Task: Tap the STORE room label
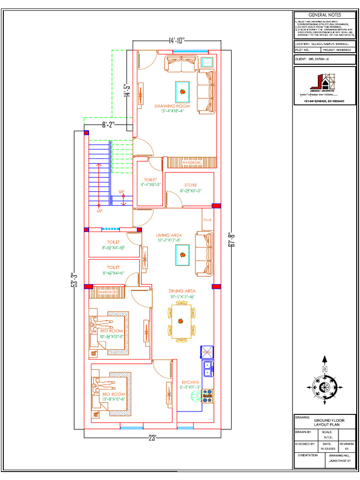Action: pyautogui.click(x=190, y=185)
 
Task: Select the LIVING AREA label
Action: pyautogui.click(x=169, y=235)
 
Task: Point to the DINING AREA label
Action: pyautogui.click(x=182, y=291)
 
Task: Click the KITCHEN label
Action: pyautogui.click(x=190, y=382)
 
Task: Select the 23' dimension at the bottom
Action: pyautogui.click(x=152, y=438)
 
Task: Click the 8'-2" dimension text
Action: pyautogui.click(x=108, y=125)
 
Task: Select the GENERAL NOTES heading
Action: pyautogui.click(x=324, y=15)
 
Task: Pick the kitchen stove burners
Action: pyautogui.click(x=207, y=396)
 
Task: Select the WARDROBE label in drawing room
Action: pyautogui.click(x=191, y=162)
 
